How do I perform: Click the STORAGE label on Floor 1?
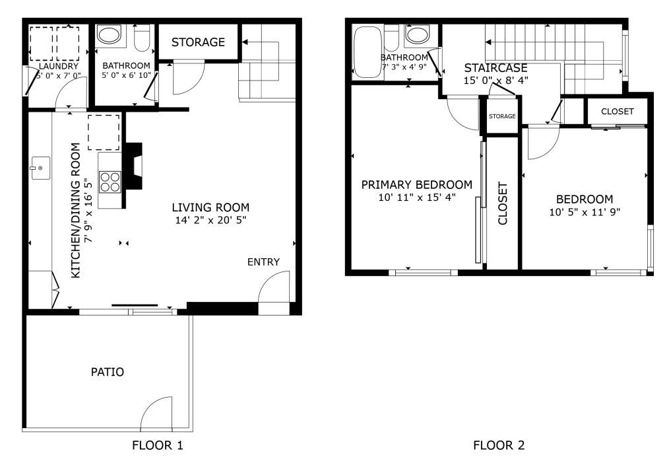(x=198, y=42)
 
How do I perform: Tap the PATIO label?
(x=108, y=372)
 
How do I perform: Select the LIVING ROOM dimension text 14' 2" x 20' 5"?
(x=210, y=221)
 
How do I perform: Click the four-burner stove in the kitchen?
(x=110, y=182)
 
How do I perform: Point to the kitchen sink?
(x=40, y=168)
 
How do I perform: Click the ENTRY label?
(x=264, y=262)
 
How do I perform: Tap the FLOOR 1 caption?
(x=158, y=445)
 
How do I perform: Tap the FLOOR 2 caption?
(x=499, y=445)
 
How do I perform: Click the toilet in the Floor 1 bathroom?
(x=142, y=38)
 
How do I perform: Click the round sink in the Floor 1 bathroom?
(x=110, y=36)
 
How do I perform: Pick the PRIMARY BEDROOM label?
(x=417, y=184)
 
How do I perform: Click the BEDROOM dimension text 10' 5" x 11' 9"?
(x=585, y=212)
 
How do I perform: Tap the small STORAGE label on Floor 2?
(x=502, y=116)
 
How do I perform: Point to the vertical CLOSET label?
(x=503, y=203)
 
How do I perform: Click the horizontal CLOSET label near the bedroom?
(x=618, y=112)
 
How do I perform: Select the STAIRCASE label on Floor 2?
(x=495, y=68)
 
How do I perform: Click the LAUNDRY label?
(x=59, y=66)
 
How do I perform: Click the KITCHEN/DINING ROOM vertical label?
(x=75, y=210)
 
